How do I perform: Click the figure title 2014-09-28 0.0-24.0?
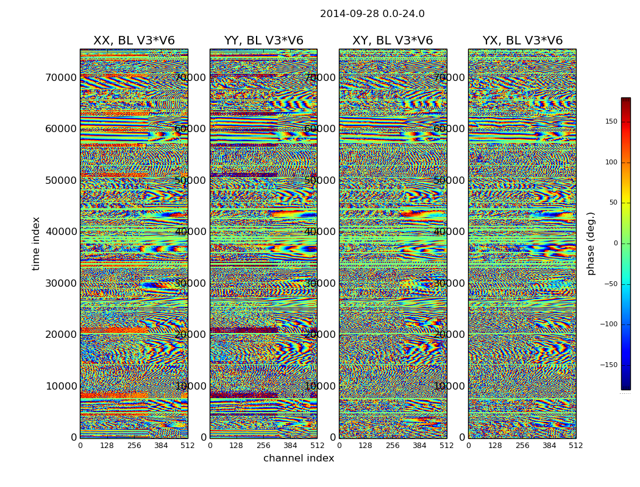pyautogui.click(x=372, y=14)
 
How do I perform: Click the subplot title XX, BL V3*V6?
pyautogui.click(x=133, y=41)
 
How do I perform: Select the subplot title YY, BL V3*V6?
pyautogui.click(x=263, y=41)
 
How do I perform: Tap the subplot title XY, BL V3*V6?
pyautogui.click(x=393, y=41)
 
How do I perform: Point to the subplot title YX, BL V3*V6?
pyautogui.click(x=522, y=41)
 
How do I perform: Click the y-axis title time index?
pyautogui.click(x=37, y=243)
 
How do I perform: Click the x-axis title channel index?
pyautogui.click(x=299, y=458)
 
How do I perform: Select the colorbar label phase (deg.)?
pyautogui.click(x=591, y=243)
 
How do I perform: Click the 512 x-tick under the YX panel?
pyautogui.click(x=575, y=446)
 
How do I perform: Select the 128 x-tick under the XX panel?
pyautogui.click(x=107, y=446)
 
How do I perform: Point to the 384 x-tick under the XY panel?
pyautogui.click(x=419, y=446)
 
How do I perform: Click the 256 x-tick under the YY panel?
pyautogui.click(x=263, y=446)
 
